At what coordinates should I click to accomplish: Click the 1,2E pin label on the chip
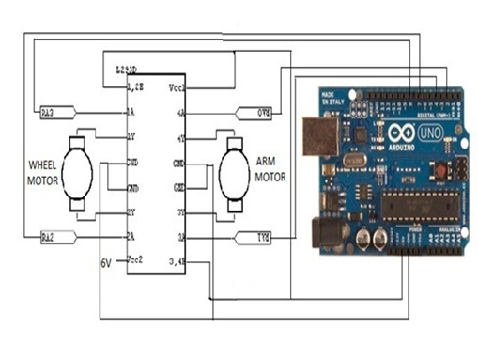(x=136, y=86)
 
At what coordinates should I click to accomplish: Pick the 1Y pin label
(x=131, y=136)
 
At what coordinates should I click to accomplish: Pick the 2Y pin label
(x=131, y=212)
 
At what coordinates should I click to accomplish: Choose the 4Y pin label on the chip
(x=179, y=137)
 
